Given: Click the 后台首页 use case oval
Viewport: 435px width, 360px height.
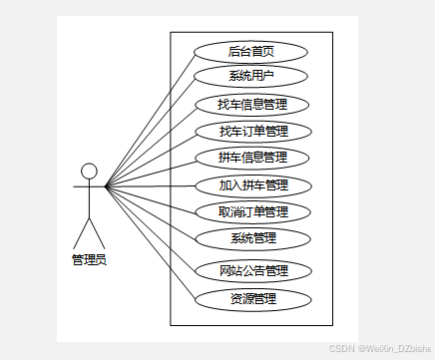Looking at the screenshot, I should coord(250,51).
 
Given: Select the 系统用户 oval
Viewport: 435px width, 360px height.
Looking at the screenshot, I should coord(250,76).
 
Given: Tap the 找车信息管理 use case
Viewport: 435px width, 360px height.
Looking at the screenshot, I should coord(250,104).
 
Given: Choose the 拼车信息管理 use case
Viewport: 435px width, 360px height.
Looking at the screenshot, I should coord(251,158).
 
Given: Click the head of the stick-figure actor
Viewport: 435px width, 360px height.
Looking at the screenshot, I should coord(90,171).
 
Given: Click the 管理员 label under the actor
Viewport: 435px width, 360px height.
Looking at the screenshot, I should coord(89,260).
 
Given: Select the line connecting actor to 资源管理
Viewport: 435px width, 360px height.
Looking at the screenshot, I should coord(150,243).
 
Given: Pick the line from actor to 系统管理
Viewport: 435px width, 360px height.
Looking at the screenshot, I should coord(150,211).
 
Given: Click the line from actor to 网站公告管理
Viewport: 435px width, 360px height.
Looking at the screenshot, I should coord(150,228).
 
